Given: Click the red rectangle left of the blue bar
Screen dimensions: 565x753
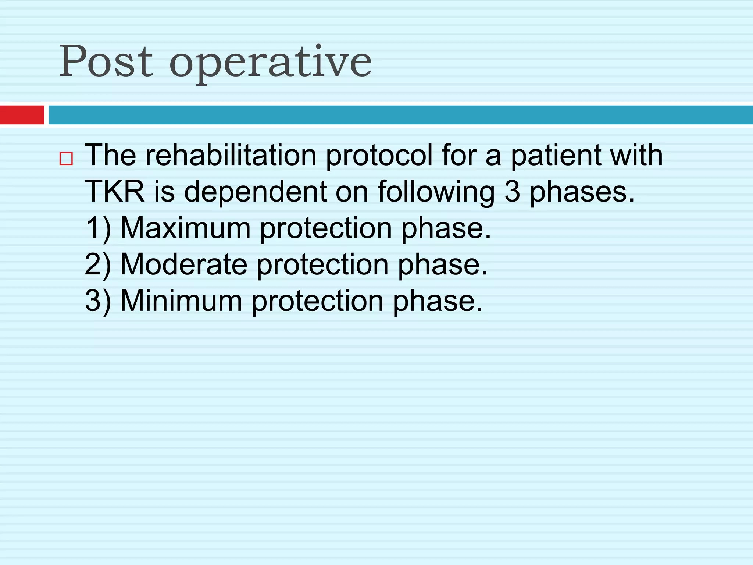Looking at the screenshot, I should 22,115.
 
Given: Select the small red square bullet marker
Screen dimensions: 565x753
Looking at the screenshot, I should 66,159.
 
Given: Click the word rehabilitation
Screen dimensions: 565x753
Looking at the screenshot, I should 231,155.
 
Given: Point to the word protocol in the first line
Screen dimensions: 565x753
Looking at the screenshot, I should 379,156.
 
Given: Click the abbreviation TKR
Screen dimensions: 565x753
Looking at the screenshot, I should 115,192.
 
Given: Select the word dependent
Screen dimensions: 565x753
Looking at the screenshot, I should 256,192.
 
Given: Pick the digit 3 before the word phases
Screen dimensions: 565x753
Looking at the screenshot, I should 512,192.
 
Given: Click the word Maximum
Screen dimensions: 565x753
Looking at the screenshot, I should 185,228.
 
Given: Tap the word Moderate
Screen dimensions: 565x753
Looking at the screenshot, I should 184,264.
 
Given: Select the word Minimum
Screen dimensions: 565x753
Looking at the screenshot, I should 181,301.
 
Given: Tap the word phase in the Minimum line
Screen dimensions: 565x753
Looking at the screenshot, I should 437,302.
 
